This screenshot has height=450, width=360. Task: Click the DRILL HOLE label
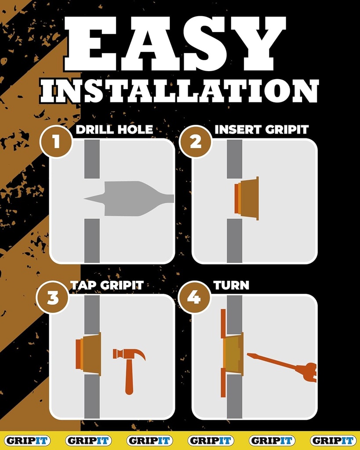click(114, 130)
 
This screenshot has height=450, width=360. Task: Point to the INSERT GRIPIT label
click(261, 130)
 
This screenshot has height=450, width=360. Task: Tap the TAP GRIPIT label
click(107, 285)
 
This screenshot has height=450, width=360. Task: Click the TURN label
click(231, 285)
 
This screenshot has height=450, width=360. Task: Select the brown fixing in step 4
click(233, 354)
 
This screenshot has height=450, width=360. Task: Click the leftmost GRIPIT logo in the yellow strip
click(27, 440)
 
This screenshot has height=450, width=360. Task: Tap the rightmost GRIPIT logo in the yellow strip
click(333, 440)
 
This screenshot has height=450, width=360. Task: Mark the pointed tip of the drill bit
click(85, 199)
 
